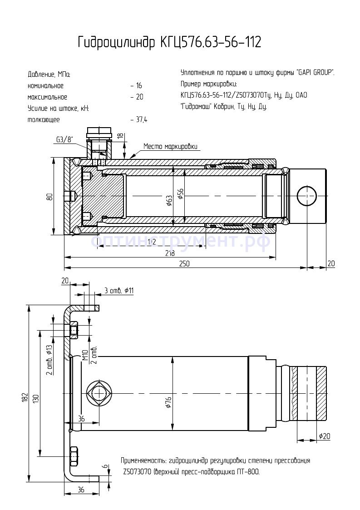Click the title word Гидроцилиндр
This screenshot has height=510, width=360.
point(116,43)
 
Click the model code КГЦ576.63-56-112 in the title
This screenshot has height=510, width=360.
point(210,43)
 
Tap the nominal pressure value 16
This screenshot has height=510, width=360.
point(138,86)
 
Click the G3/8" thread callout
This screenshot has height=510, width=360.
point(64,139)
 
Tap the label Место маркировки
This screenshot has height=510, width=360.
point(170,146)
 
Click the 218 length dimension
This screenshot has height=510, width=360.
point(169,253)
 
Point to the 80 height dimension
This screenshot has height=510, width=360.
point(49,196)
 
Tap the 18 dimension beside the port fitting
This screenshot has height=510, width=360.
point(120,136)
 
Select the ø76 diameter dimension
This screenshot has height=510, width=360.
point(168,402)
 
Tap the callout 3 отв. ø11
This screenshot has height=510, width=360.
point(119,291)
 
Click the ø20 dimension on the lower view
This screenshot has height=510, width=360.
point(324,436)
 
